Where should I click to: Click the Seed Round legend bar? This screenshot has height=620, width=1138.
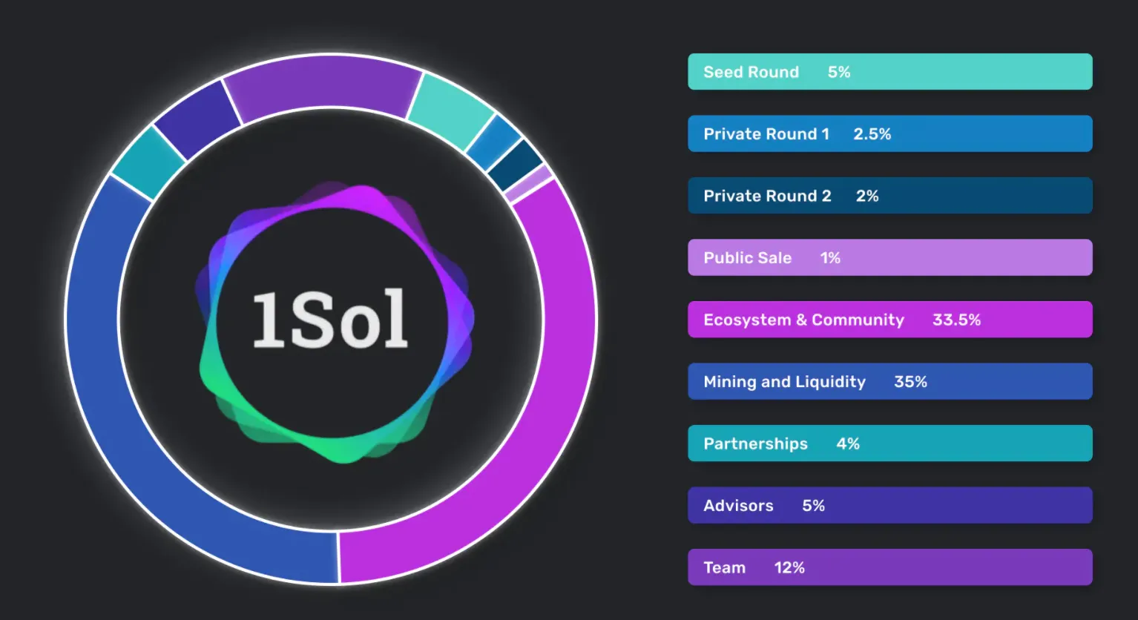click(890, 72)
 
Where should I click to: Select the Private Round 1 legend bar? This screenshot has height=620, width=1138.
click(890, 133)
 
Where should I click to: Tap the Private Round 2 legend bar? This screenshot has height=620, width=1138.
click(890, 196)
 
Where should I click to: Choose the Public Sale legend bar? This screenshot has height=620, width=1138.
click(890, 257)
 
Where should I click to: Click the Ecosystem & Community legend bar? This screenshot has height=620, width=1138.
click(890, 320)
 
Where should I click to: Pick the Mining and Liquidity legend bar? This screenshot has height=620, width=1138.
click(890, 381)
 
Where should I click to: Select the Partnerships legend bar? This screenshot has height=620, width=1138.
click(890, 443)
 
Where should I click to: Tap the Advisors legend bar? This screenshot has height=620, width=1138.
click(890, 505)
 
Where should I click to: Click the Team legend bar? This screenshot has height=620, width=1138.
click(890, 567)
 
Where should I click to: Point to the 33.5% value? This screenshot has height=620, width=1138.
click(957, 320)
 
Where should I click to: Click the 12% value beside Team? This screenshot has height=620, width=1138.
click(789, 567)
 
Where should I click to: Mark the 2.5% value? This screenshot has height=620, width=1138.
click(872, 134)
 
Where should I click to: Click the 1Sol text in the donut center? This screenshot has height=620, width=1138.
click(330, 319)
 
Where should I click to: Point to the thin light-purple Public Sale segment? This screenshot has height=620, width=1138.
click(528, 184)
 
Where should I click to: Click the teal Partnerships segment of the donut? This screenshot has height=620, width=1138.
click(148, 162)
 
